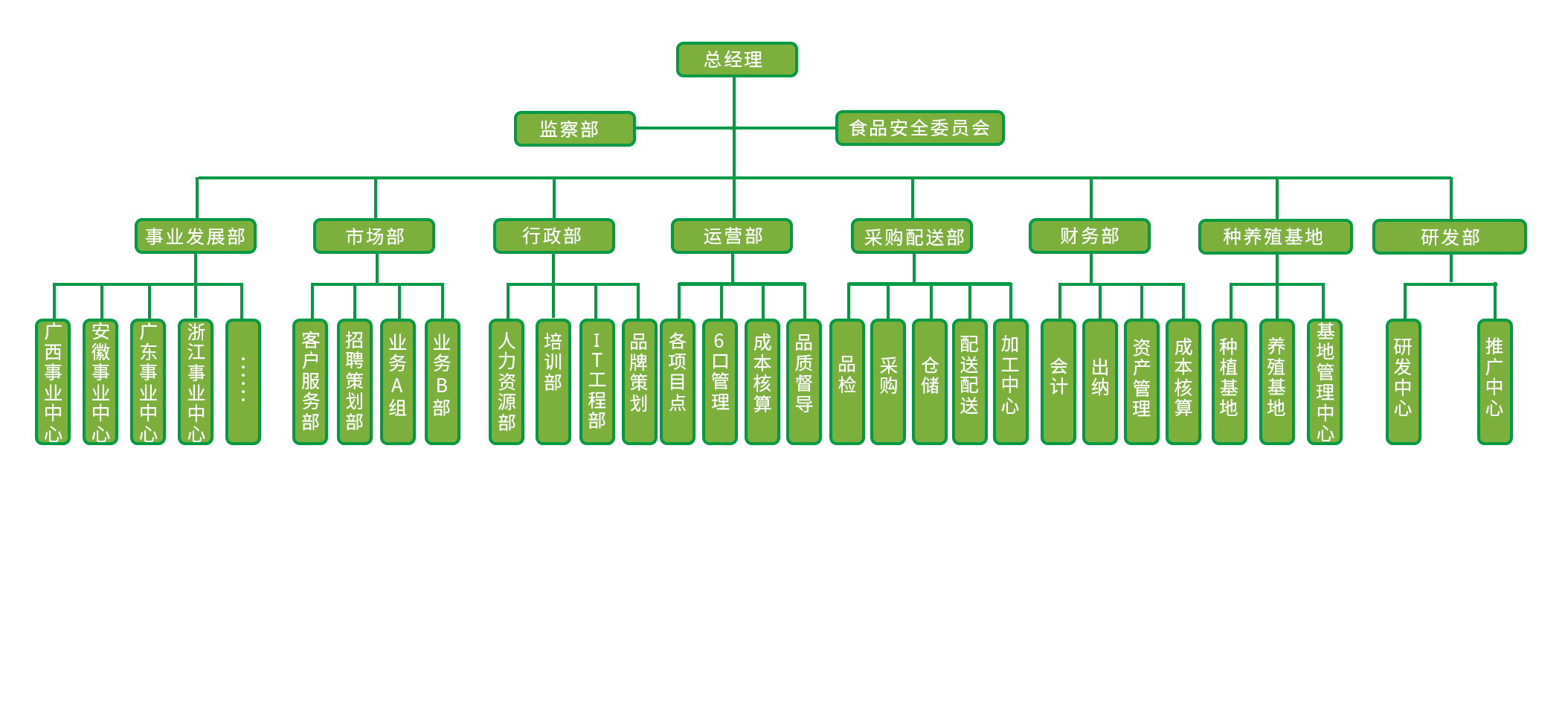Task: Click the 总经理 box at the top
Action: [736, 60]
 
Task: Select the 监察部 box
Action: [574, 129]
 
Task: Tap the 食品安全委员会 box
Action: [919, 128]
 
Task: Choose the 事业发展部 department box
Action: [196, 236]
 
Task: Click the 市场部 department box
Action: [374, 236]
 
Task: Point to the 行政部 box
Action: [553, 236]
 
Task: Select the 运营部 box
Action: [732, 236]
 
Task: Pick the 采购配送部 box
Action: [912, 237]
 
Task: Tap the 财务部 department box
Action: [1090, 236]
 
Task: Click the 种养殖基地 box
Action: [1275, 237]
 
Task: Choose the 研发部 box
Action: [1450, 237]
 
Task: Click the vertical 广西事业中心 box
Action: [54, 382]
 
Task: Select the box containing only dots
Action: [243, 382]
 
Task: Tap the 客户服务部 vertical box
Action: [310, 382]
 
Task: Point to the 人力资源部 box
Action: [507, 382]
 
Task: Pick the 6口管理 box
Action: [720, 382]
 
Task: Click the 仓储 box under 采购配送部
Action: [930, 382]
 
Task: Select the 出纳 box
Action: [1100, 382]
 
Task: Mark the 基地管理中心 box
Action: [1325, 382]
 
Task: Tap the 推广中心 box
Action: [1494, 382]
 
